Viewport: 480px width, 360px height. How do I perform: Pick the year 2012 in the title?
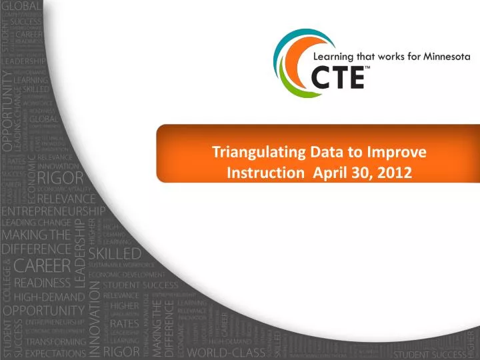pyautogui.click(x=395, y=173)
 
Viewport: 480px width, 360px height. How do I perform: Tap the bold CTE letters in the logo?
pyautogui.click(x=338, y=79)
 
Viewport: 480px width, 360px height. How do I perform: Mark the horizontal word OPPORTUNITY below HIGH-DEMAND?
pyautogui.click(x=45, y=311)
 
